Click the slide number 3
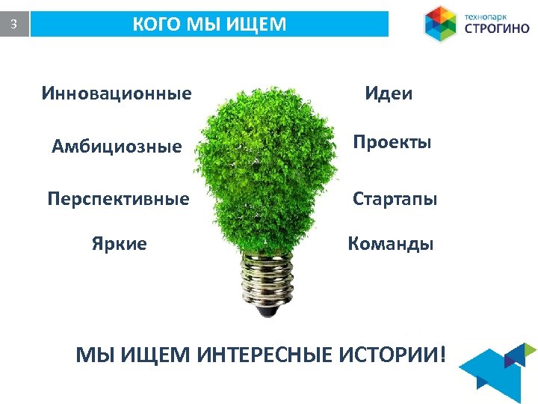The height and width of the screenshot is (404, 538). click(x=13, y=25)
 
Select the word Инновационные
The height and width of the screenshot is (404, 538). click(x=117, y=94)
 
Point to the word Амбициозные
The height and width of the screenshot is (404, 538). click(x=117, y=147)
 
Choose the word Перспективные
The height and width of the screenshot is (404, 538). click(x=118, y=199)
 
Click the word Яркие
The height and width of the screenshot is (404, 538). click(x=120, y=244)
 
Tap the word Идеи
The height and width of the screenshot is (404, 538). click(x=389, y=94)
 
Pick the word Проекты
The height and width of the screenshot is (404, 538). click(x=392, y=142)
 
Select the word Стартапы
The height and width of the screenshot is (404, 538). click(x=395, y=199)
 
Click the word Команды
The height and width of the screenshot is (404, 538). click(x=391, y=244)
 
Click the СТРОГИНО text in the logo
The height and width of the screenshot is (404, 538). click(x=497, y=30)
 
